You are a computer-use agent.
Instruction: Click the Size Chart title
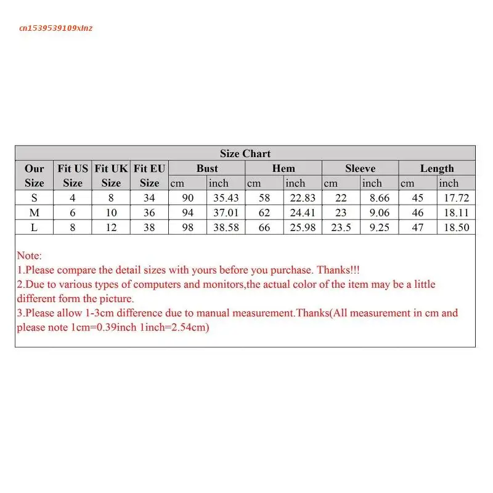coord(245,153)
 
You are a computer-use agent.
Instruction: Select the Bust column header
coord(207,168)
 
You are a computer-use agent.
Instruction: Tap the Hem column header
coord(283,168)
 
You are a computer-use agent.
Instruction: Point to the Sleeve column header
coord(360,168)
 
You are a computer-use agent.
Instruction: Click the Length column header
coord(437,168)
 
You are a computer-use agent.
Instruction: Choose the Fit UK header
coord(111,175)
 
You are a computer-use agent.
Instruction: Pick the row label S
coord(35,198)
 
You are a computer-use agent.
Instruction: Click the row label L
coord(35,227)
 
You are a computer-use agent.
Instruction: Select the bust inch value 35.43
coord(226,198)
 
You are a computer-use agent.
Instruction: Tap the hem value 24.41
coord(303,213)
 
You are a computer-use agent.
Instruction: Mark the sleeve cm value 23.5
coord(341,227)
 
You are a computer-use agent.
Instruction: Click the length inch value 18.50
coord(457,227)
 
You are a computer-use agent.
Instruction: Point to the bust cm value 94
coord(188,213)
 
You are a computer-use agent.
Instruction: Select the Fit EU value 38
coord(149,227)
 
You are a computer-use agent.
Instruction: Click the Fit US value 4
coord(73,198)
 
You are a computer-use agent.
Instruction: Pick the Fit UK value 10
coord(111,213)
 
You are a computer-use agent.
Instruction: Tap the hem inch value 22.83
coord(303,198)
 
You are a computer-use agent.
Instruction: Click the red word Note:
coord(30,256)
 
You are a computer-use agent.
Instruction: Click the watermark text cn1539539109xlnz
coord(56,28)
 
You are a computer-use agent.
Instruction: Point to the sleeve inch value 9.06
coord(379,213)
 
